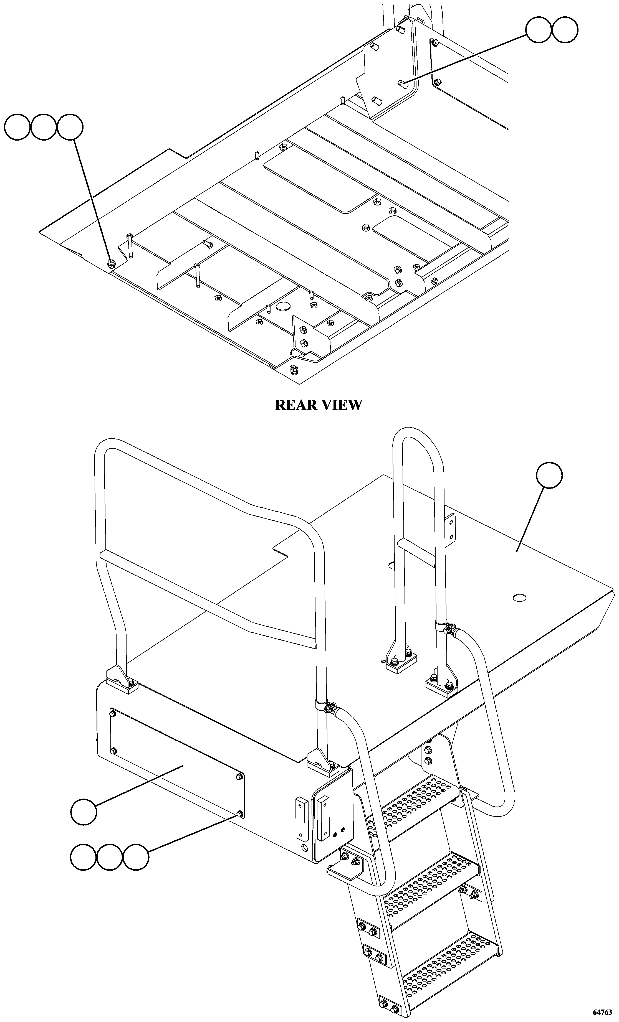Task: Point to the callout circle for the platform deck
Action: (x=549, y=475)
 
